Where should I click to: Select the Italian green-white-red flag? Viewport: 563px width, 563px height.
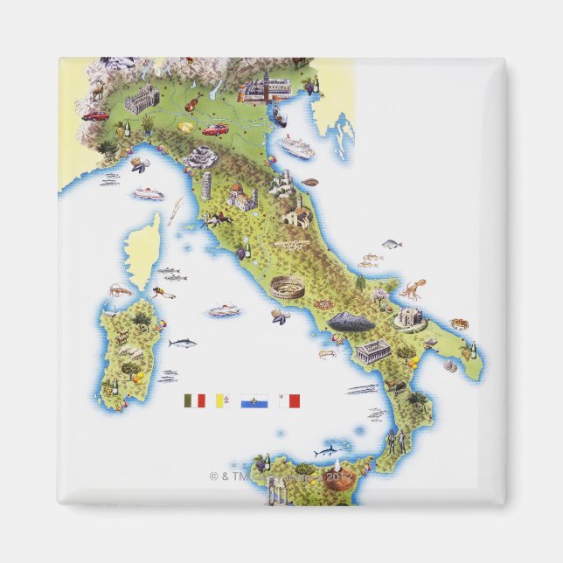coord(194,400)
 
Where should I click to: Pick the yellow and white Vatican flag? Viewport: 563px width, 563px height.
coord(223,401)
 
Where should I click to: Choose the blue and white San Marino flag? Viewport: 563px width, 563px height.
coord(254,401)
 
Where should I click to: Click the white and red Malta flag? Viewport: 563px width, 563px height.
coord(288,401)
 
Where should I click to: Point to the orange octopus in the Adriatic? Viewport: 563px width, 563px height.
coord(412,288)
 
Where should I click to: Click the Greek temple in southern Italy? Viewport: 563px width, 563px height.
coord(373,351)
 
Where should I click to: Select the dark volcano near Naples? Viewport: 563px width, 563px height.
coord(351,322)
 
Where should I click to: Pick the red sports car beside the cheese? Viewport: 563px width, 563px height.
coord(214,129)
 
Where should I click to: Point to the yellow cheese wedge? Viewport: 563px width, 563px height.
coord(185,127)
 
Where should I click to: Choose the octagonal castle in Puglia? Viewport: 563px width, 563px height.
coord(408,316)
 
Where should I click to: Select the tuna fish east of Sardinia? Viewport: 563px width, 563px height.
coord(183,343)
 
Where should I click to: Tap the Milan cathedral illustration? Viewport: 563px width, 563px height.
coord(141,101)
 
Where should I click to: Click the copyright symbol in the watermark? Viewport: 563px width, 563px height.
coord(213,476)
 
